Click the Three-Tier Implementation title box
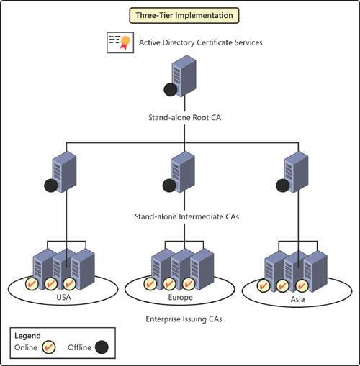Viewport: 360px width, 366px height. (x=179, y=15)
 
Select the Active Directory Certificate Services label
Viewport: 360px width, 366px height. (x=200, y=42)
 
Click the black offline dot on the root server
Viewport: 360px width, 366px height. (x=171, y=91)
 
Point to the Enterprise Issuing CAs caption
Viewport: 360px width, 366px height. (x=181, y=316)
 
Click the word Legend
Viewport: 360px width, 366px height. (x=27, y=335)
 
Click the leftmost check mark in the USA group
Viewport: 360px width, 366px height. (x=33, y=283)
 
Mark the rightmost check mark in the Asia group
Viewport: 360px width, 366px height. (x=302, y=285)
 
